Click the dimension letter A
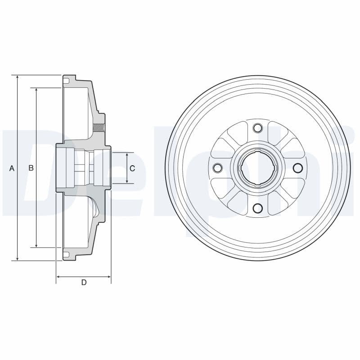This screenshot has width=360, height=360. coord(12,168)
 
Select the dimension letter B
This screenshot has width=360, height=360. coord(31,168)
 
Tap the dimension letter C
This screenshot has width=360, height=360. coord(132,168)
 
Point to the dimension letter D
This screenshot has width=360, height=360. coord(84,282)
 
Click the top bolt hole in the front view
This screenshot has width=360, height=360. coord(257,128)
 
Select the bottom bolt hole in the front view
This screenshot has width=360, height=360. coord(257,208)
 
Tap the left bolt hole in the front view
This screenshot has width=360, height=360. coord(217,168)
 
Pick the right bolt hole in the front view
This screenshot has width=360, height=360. coord(297,168)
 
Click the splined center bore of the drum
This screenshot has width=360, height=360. coord(257,168)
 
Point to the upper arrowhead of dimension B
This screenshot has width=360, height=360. coord(36,90)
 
